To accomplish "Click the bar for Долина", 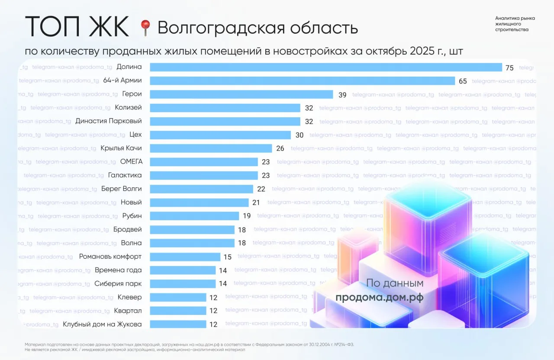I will [326, 67].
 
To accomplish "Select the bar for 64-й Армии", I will [303, 81].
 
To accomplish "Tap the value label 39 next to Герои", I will [342, 95].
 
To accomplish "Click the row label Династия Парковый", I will [109, 121].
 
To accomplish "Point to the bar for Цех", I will [220, 135].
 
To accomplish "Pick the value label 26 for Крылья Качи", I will [280, 148].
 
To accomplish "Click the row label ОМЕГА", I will [131, 162].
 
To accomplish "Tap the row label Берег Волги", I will [121, 189].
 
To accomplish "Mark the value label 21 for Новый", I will [256, 202].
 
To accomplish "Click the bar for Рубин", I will [194, 216].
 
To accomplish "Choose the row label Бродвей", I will [127, 229].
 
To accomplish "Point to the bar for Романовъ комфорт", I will [185, 257].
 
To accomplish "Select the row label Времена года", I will [118, 270].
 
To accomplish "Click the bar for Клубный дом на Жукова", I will [178, 324].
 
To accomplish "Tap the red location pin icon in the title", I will [145, 28].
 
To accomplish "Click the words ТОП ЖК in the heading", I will [77, 27].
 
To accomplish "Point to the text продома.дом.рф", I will [380, 298].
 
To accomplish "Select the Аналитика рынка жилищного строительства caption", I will [515, 24].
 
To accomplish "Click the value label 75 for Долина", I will [509, 67].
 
